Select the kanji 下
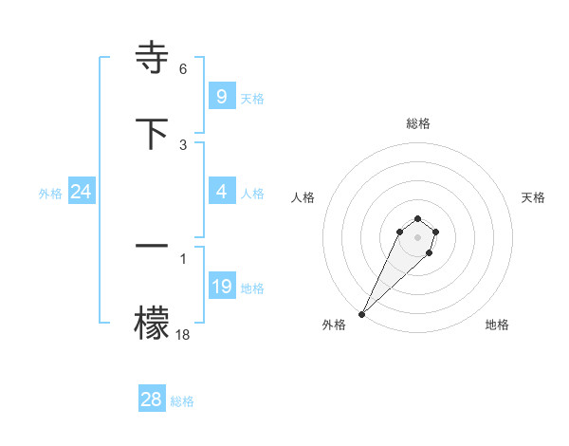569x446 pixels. [153, 133]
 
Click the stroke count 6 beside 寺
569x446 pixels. [183, 69]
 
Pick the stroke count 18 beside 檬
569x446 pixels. [183, 334]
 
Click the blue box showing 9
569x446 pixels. [222, 96]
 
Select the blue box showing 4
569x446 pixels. [222, 192]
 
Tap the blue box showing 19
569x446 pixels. [222, 287]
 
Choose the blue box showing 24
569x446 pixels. [82, 192]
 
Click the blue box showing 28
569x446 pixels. [152, 400]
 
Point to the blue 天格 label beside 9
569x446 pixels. [252, 98]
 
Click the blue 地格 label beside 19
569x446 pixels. [252, 288]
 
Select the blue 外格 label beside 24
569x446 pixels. [50, 194]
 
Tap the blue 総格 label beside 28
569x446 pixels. [182, 401]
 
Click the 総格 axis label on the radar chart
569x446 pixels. [418, 123]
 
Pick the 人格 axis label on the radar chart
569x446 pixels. [303, 197]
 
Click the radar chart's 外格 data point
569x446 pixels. [361, 314]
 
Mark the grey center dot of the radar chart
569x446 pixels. [417, 237]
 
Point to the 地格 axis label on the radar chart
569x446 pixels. [497, 325]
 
